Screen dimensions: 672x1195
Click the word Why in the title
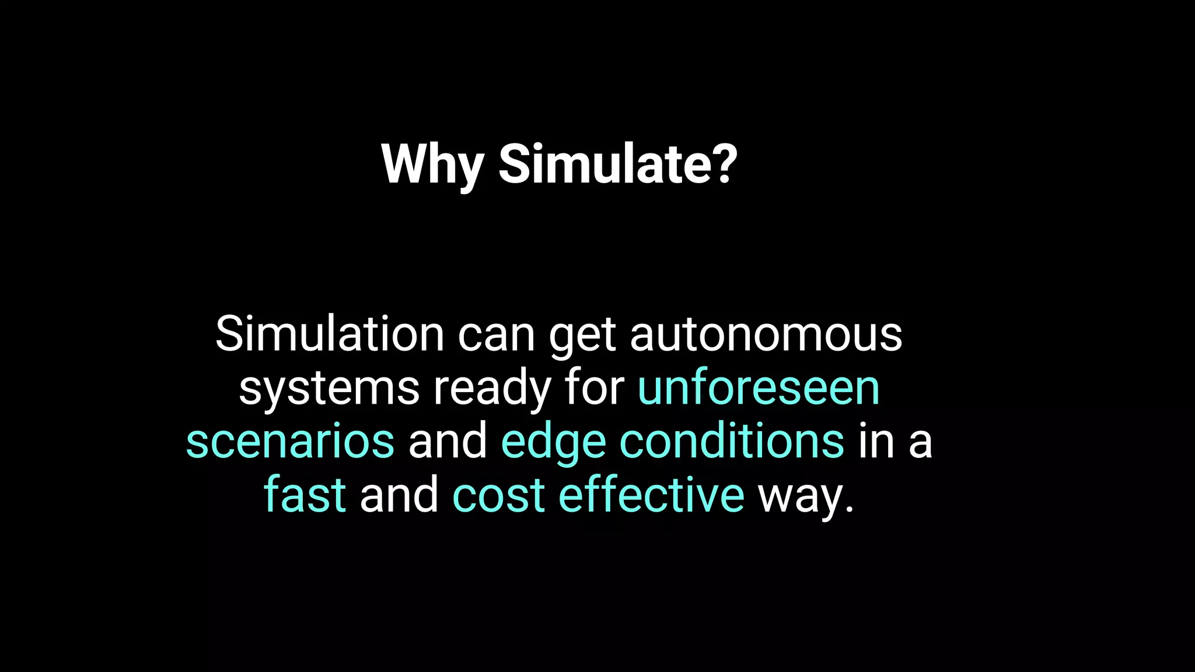432,165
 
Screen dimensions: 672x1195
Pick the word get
582,337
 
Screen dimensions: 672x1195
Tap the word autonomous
766,335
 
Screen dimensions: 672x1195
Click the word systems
329,390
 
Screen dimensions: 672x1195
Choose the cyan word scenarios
290,442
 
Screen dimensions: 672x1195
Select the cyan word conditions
731,441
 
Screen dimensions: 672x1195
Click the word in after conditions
876,441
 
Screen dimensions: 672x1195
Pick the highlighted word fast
305,495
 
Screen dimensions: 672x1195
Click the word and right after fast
399,495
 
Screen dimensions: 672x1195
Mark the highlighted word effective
651,495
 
